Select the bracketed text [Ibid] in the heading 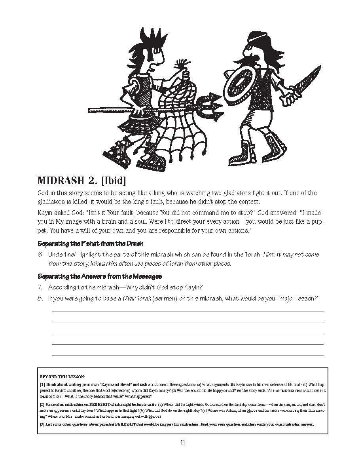113,181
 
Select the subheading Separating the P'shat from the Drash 90,243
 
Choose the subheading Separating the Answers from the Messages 100,276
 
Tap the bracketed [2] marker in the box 42,404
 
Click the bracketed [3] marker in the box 42,424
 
